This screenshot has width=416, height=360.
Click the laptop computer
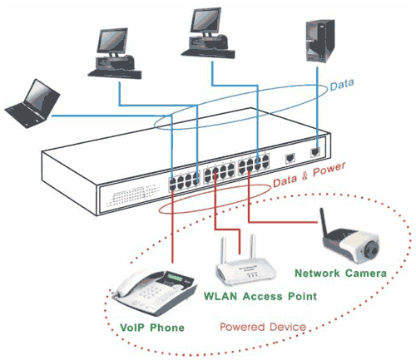coord(32,105)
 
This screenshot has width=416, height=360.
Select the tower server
coord(320,41)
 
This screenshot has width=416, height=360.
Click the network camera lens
coord(371,249)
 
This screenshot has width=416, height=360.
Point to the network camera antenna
coord(324,222)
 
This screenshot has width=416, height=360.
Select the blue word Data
coord(342,85)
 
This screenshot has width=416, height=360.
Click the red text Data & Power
coord(310,175)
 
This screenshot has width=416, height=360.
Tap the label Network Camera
coord(340,274)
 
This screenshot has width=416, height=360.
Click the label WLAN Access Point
coord(260,296)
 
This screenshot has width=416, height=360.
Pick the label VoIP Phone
coord(152,328)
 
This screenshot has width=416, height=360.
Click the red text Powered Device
coord(263,327)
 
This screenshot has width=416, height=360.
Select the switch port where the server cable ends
coord(315,152)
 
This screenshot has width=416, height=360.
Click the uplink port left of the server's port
coord(290,158)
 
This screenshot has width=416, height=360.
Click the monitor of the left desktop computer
coord(112,41)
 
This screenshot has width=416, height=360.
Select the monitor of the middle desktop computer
coord(206,21)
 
